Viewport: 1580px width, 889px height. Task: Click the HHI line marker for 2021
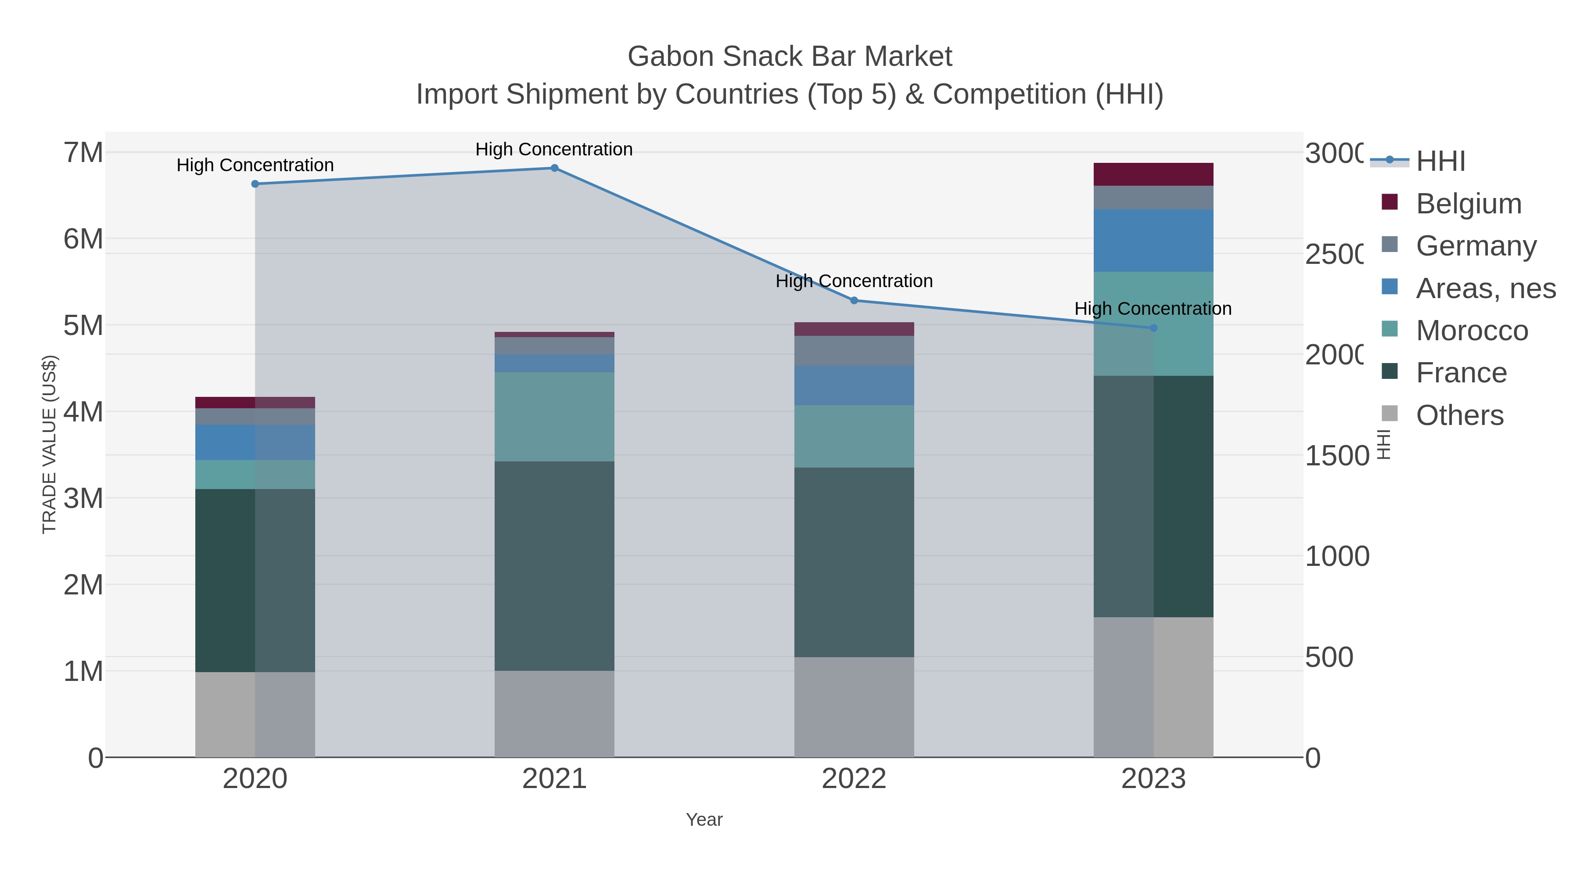554,168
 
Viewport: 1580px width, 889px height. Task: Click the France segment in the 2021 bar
554,566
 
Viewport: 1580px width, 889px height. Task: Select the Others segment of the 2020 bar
255,714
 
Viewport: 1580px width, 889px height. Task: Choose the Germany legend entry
1476,245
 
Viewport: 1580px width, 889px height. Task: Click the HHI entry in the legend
1440,162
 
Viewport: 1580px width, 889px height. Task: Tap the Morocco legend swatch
1390,329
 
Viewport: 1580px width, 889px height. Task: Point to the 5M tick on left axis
83,325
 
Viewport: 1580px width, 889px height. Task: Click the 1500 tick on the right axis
1336,456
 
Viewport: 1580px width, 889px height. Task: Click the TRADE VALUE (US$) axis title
49,444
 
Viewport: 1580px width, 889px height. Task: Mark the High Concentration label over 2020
255,165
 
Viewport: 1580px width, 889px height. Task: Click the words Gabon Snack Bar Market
790,57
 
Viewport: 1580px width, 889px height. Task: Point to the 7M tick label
83,152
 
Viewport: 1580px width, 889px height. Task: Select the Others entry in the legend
1459,415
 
